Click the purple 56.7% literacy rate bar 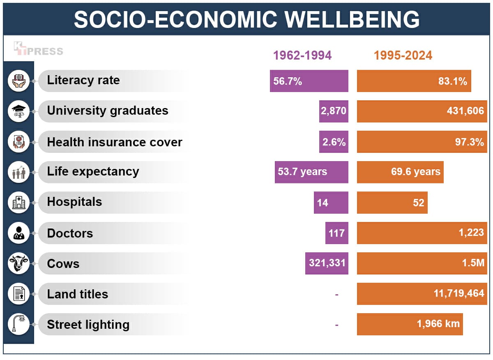click(x=309, y=81)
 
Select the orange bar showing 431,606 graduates click(x=422, y=111)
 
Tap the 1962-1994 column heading click(x=302, y=55)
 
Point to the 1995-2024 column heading click(x=403, y=55)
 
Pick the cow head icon click(x=19, y=263)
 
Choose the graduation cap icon click(x=19, y=111)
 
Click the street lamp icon click(x=19, y=324)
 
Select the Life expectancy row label click(x=93, y=171)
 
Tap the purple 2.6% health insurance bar click(x=334, y=142)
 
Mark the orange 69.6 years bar click(x=400, y=172)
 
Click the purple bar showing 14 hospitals click(x=331, y=203)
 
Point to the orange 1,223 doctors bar click(x=422, y=233)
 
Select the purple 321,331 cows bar click(x=327, y=263)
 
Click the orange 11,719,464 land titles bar click(x=422, y=294)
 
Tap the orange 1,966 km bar click(x=410, y=324)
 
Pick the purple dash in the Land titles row click(x=336, y=294)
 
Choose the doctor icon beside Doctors click(x=19, y=233)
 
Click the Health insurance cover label click(x=114, y=142)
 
